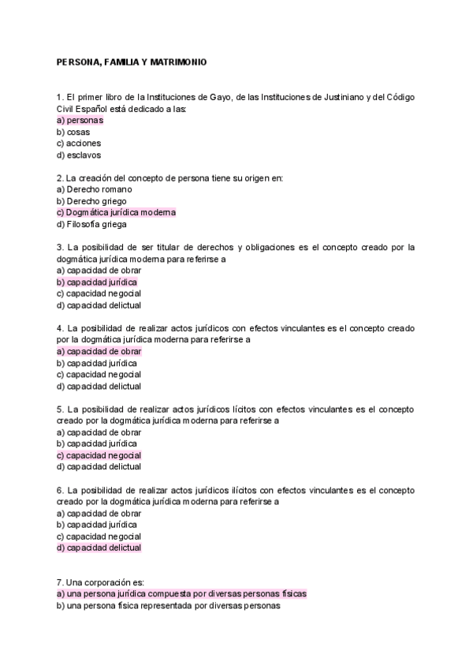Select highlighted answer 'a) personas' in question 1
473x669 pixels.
[x=80, y=121]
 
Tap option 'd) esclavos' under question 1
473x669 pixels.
[x=79, y=155]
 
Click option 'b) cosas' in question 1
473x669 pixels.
[x=73, y=133]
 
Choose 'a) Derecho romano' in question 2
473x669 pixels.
[x=95, y=189]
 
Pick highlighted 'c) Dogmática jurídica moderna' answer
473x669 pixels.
[x=116, y=213]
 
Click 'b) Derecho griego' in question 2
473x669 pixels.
[x=91, y=201]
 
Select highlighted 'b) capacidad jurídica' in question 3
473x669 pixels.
[x=97, y=282]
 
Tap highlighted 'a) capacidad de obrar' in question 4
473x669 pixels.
[x=99, y=351]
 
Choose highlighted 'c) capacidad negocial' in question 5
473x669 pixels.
[x=99, y=455]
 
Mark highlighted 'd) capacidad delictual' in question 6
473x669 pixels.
[x=99, y=548]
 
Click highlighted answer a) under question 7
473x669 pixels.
[x=181, y=594]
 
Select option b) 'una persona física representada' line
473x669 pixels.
[x=169, y=606]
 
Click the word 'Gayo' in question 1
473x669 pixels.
[x=222, y=97]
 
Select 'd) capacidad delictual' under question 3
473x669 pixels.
[x=99, y=305]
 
